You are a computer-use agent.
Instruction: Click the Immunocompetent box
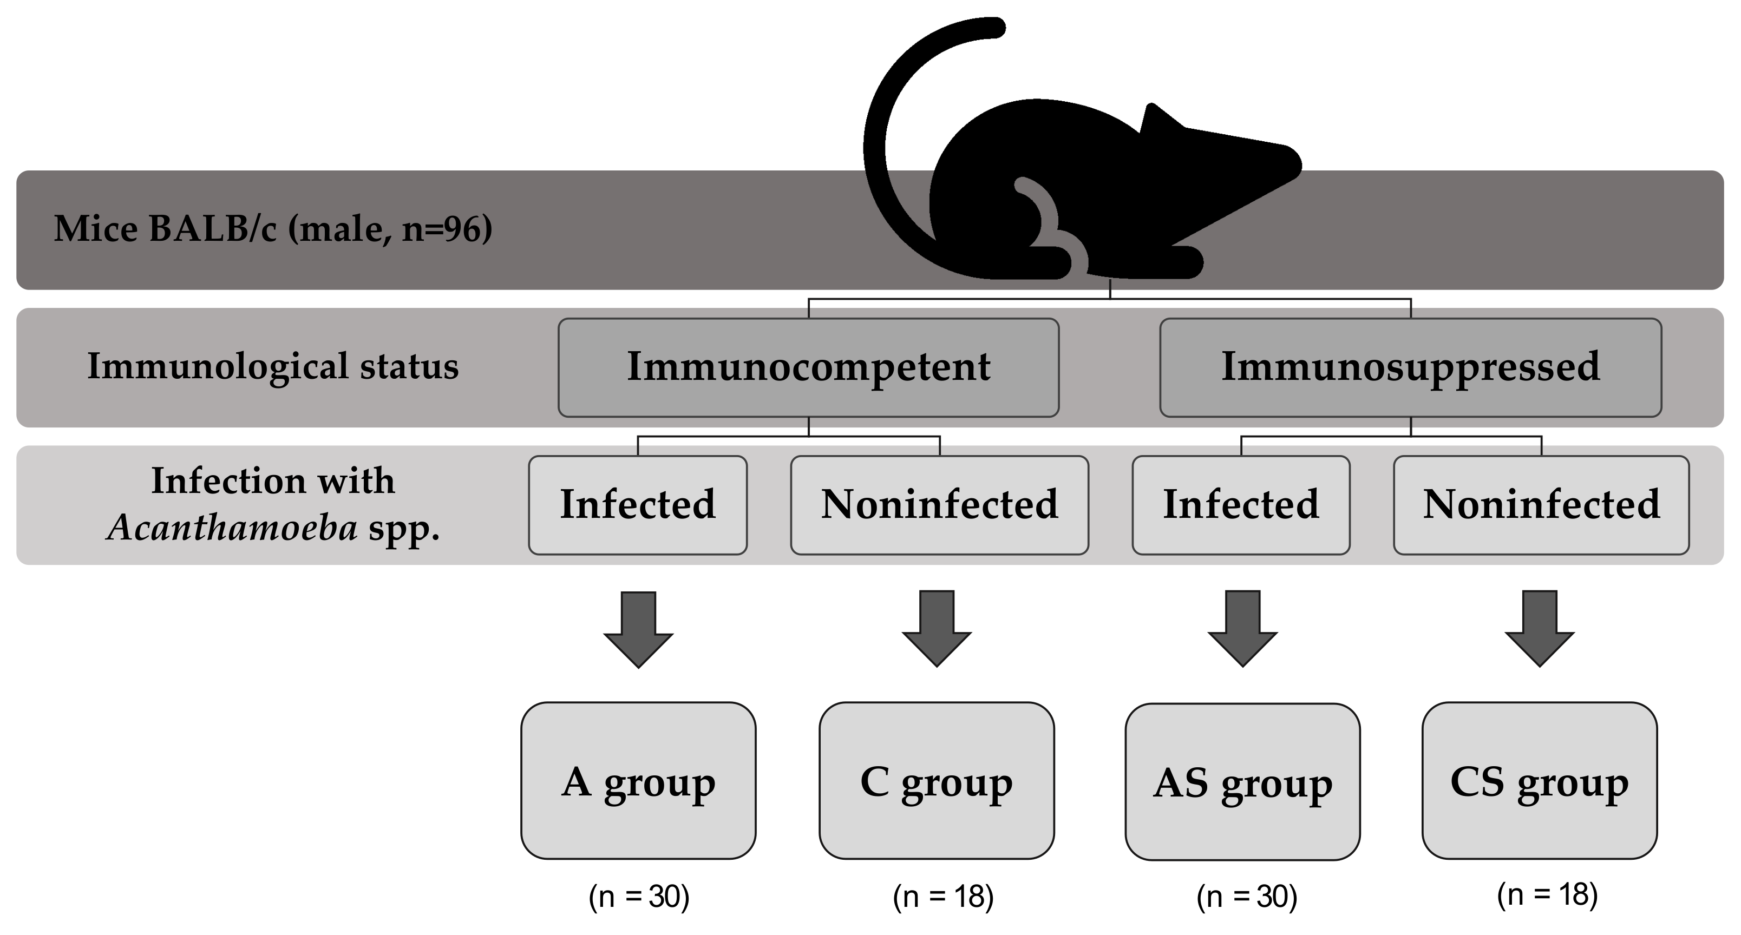(808, 367)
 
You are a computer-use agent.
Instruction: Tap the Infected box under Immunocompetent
(637, 505)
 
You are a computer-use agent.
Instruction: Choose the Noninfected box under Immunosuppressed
(1541, 505)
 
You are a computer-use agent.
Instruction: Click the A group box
(638, 781)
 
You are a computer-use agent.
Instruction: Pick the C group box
(936, 781)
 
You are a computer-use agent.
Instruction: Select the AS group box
(1242, 782)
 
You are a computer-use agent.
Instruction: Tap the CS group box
(1539, 781)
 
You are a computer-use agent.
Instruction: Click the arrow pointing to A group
(638, 630)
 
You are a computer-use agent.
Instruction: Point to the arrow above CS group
(1539, 629)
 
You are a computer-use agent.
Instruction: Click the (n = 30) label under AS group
(1246, 897)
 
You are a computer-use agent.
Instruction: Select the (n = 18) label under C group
(943, 897)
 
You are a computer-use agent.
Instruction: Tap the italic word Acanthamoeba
(232, 528)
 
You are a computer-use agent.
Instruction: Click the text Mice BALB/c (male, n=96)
(273, 229)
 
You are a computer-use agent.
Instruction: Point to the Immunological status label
(273, 366)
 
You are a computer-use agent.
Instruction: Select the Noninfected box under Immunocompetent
(939, 505)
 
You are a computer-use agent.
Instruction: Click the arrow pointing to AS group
(1242, 629)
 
